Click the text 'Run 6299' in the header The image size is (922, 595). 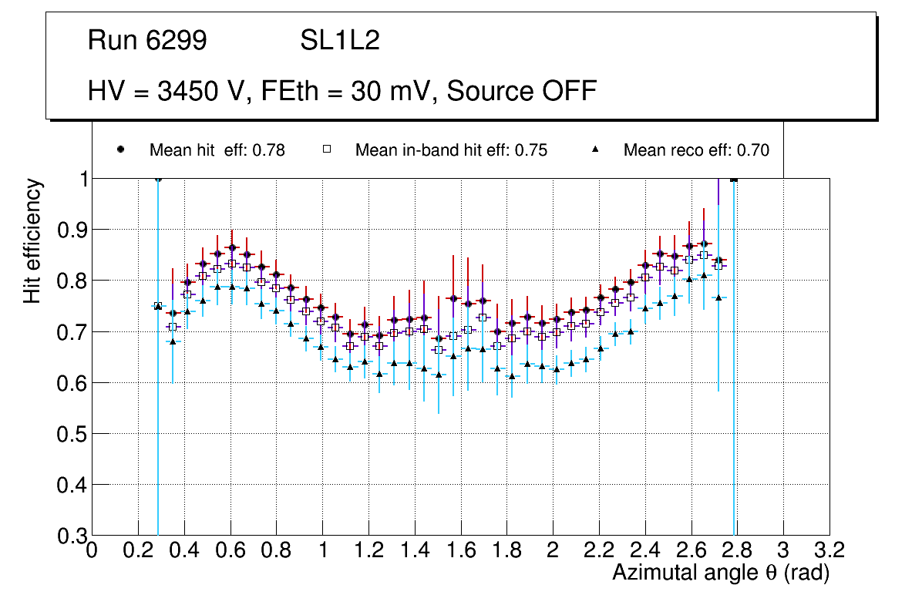(x=147, y=41)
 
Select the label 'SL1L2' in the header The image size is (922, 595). (x=340, y=41)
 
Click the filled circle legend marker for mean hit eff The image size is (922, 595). (x=120, y=150)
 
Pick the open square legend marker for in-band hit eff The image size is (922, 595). (x=326, y=150)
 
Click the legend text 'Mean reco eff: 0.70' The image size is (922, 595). (x=696, y=150)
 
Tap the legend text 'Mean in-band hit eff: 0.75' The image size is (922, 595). (x=451, y=150)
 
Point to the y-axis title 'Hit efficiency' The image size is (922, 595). (x=32, y=240)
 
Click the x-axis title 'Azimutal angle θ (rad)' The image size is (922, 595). (x=721, y=573)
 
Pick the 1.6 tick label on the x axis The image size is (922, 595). (x=460, y=550)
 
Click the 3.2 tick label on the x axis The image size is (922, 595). (x=829, y=550)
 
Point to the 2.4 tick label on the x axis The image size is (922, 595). (x=644, y=550)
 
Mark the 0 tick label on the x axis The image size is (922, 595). (x=93, y=550)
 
